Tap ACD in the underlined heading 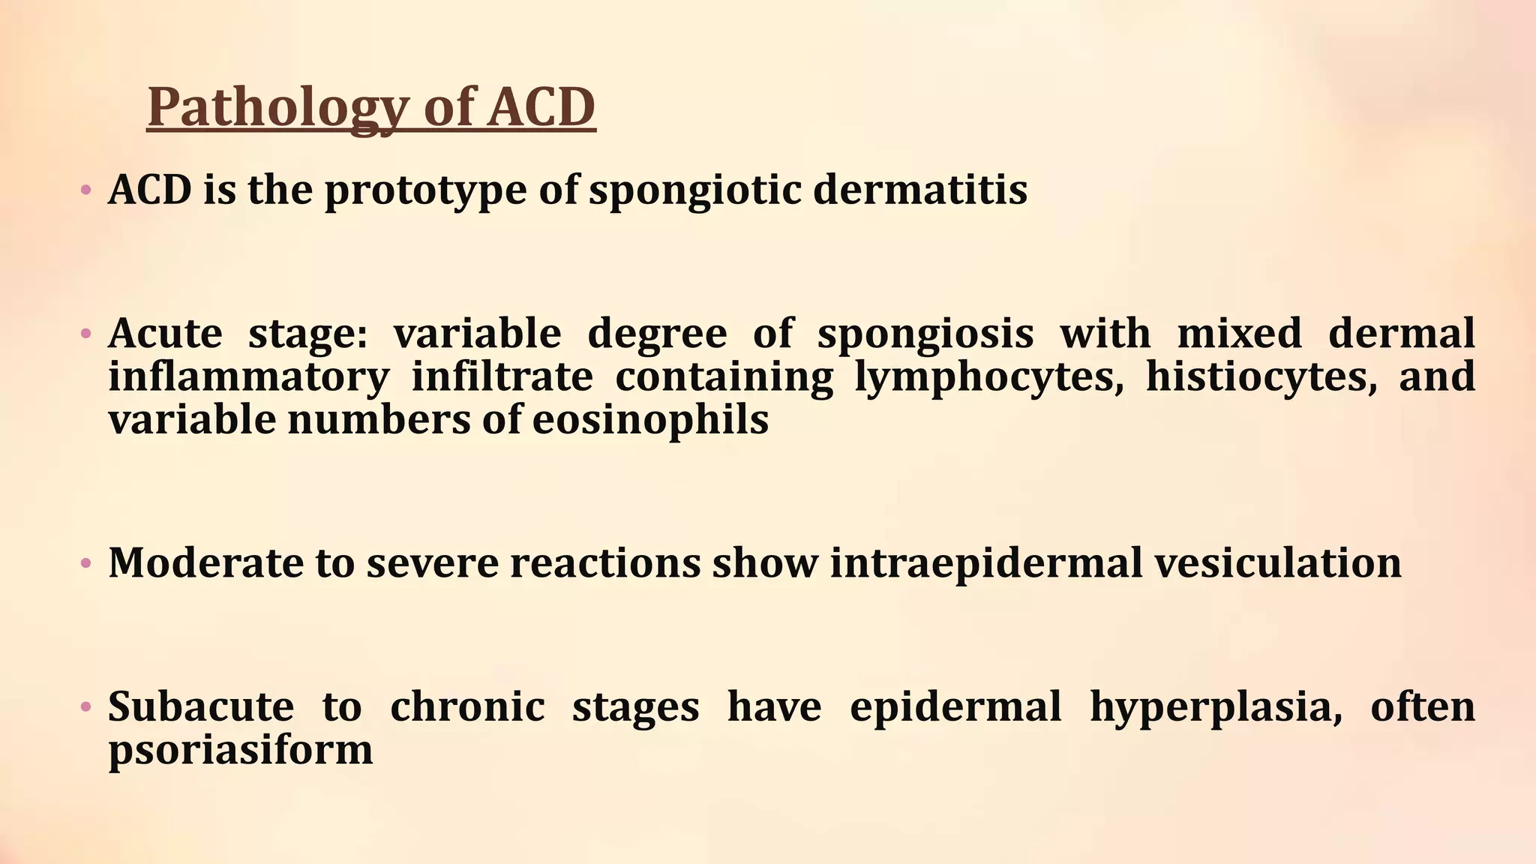coord(541,107)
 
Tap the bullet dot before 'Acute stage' coord(86,333)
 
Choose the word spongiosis coord(925,333)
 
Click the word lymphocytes coord(989,376)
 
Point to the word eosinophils coord(650,420)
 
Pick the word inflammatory coord(249,376)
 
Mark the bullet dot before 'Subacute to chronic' coord(86,706)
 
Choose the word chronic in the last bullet coord(467,706)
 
